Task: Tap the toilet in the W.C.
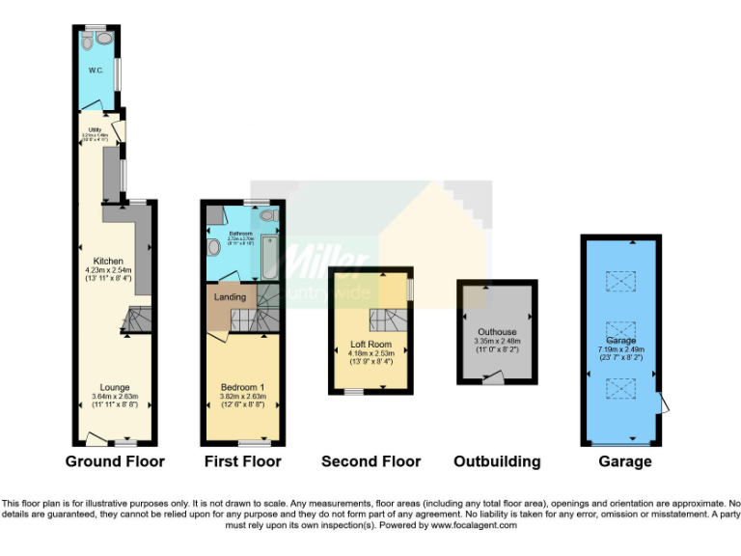(90, 41)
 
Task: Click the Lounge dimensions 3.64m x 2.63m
(115, 397)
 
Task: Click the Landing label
(230, 297)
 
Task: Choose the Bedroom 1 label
(242, 387)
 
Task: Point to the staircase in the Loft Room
(385, 320)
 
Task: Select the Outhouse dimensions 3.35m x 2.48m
(498, 341)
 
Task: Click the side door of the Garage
(660, 403)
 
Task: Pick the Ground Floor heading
(115, 461)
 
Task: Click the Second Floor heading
(371, 461)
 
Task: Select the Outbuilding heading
(497, 461)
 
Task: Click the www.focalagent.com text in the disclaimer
(474, 526)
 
